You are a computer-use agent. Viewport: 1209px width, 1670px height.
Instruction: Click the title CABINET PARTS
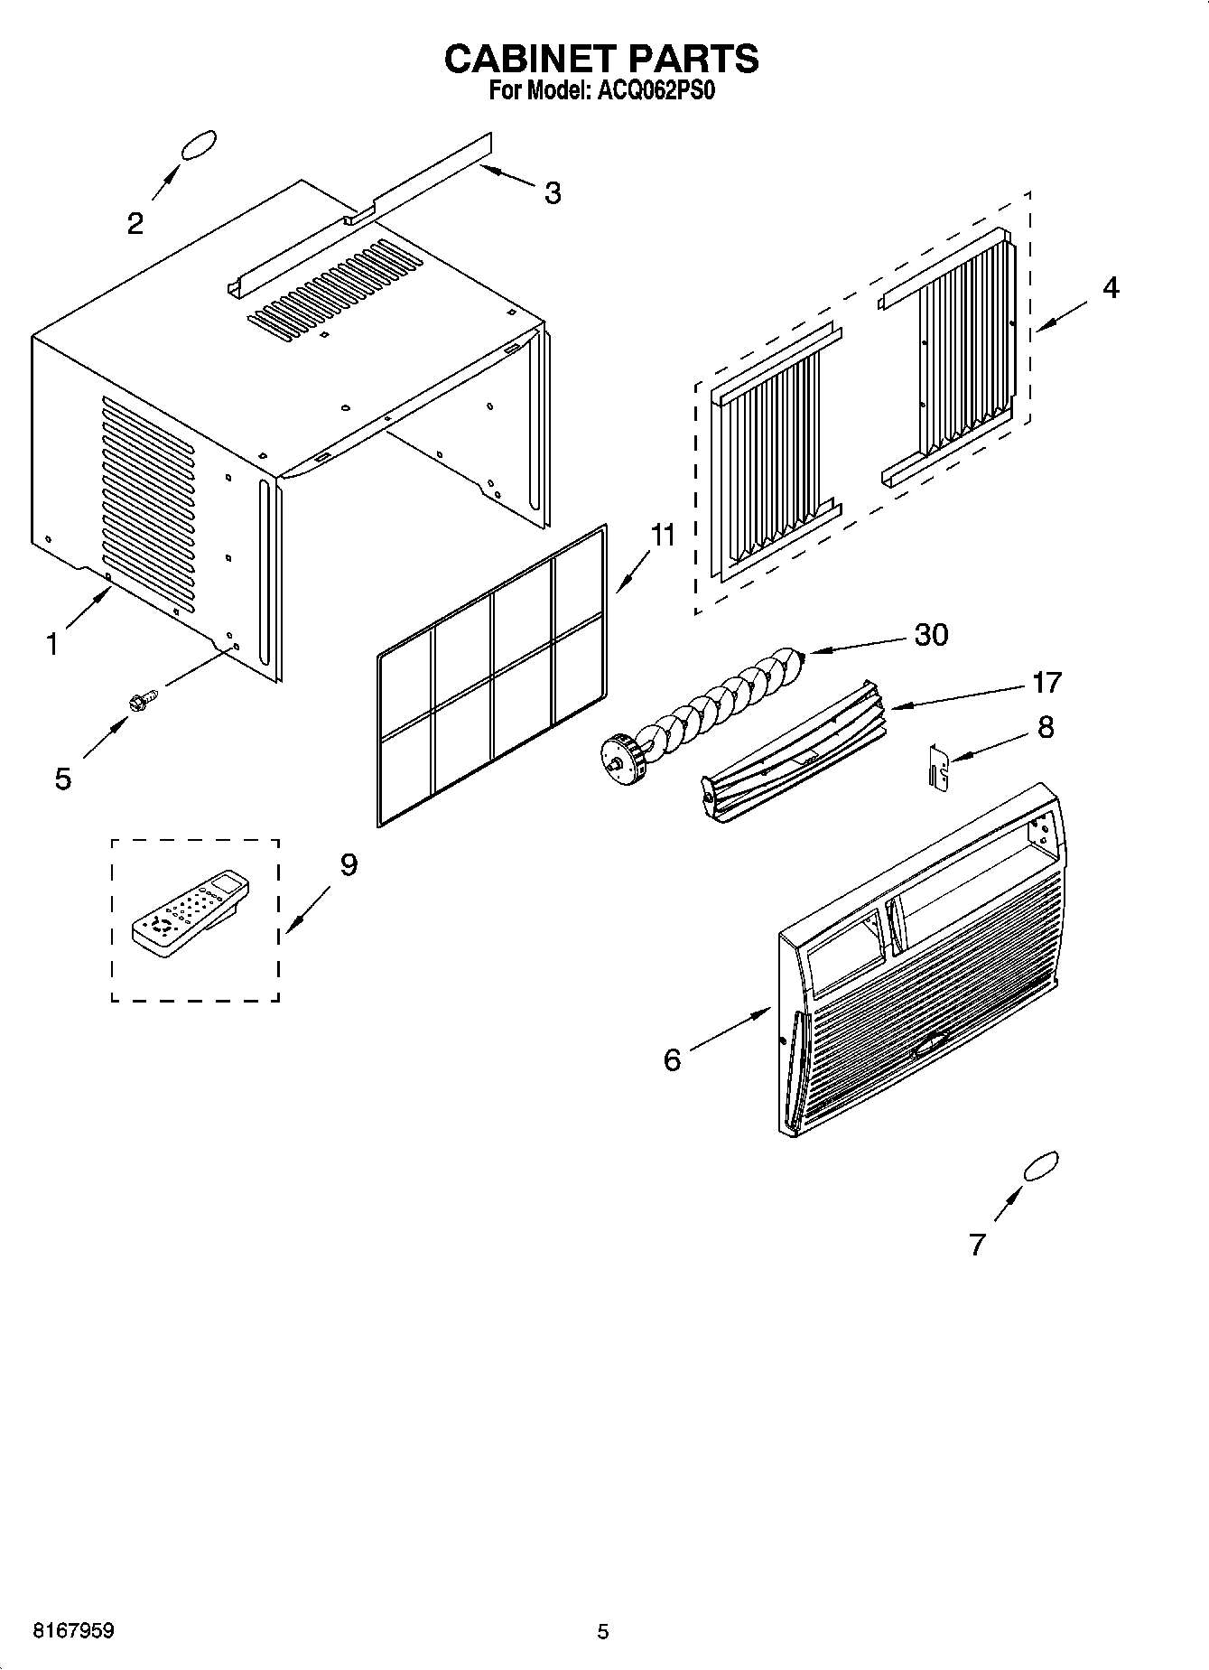pos(601,59)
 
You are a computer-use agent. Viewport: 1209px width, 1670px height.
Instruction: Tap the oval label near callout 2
pos(199,145)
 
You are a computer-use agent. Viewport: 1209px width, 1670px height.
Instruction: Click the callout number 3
pos(552,192)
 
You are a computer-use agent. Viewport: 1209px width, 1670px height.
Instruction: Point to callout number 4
pos(1111,287)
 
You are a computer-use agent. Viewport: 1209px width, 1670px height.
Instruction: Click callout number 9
pos(348,865)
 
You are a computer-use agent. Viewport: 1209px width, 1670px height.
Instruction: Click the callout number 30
pos(932,634)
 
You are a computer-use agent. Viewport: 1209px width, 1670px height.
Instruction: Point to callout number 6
pos(672,1059)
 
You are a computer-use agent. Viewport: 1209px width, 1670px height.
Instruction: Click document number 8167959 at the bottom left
pos(73,1631)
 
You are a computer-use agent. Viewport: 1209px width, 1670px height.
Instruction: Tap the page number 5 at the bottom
pos(603,1631)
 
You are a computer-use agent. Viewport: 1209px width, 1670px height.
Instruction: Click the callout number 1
pos(52,644)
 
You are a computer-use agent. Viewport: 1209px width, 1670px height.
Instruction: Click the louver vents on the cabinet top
pos(337,290)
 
